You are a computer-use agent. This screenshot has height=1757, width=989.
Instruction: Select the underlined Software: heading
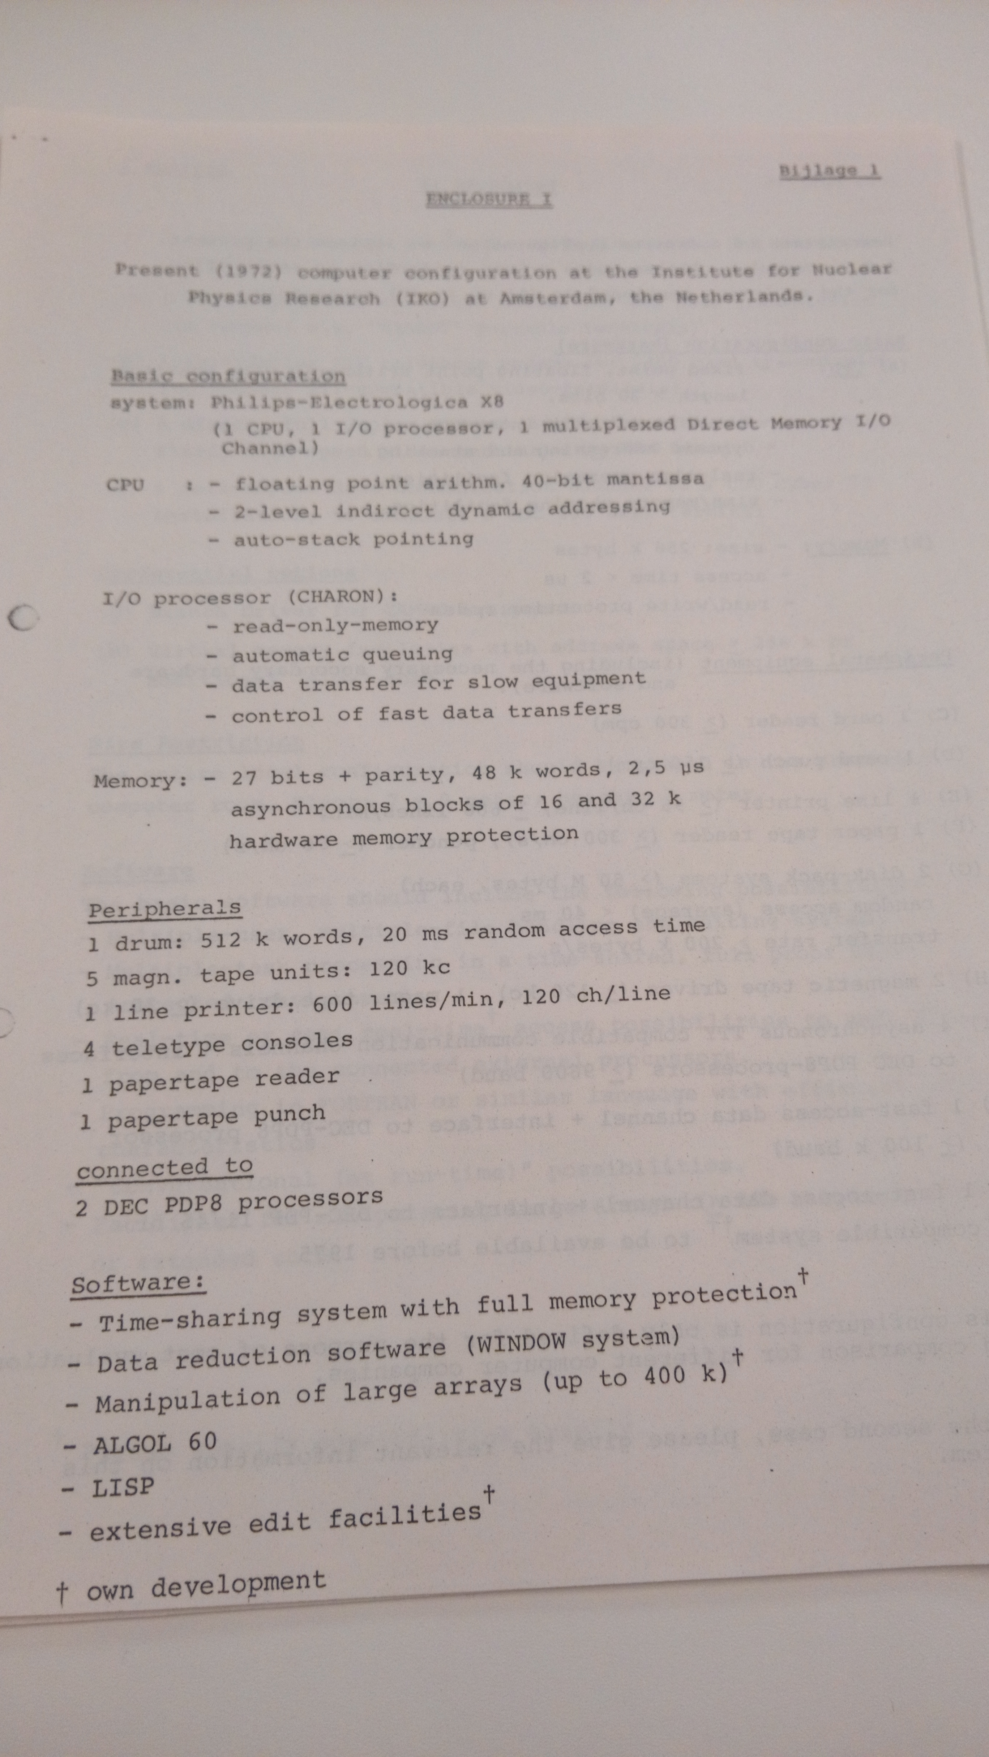(138, 1284)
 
